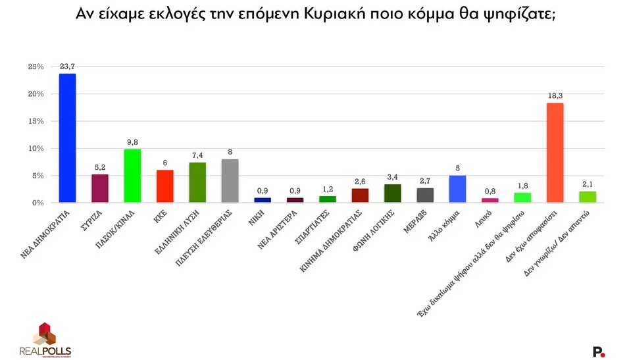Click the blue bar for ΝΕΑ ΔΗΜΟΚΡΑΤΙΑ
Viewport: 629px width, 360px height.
67,138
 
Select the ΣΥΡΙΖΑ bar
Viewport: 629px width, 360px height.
99,188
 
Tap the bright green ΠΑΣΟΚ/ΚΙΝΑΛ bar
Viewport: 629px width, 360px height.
132,176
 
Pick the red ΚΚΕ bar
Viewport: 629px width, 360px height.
164,186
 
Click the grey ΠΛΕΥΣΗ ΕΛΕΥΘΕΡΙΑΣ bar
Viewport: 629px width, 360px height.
230,181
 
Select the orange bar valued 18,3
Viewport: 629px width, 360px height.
555,153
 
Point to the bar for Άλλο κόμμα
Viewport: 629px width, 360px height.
457,189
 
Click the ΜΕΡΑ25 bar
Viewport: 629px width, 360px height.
425,195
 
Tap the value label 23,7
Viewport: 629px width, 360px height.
67,67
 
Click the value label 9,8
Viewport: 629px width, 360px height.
132,142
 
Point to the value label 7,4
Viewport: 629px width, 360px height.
197,155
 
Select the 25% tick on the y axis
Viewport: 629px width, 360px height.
36,66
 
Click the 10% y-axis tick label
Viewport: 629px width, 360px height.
36,149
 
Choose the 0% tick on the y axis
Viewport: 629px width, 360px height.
38,203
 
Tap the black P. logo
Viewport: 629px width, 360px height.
598,351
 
